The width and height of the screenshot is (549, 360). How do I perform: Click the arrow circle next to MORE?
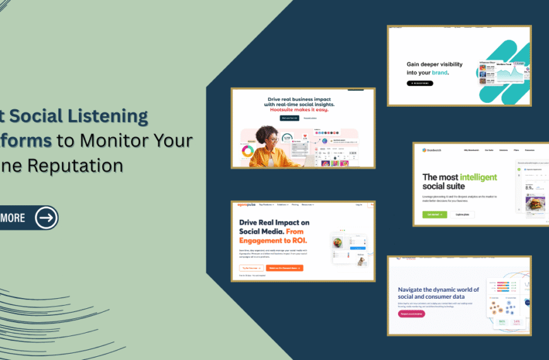(46, 218)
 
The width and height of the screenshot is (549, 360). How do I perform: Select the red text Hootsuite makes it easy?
(302, 109)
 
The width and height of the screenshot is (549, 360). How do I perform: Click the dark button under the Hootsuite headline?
(289, 118)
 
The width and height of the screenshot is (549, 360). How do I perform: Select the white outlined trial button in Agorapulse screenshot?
(251, 268)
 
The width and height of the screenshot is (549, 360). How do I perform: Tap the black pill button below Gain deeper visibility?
(420, 83)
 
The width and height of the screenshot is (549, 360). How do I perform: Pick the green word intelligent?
(477, 177)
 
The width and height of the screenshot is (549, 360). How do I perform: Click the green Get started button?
(435, 214)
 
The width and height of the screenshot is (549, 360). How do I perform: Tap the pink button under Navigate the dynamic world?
(416, 313)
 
